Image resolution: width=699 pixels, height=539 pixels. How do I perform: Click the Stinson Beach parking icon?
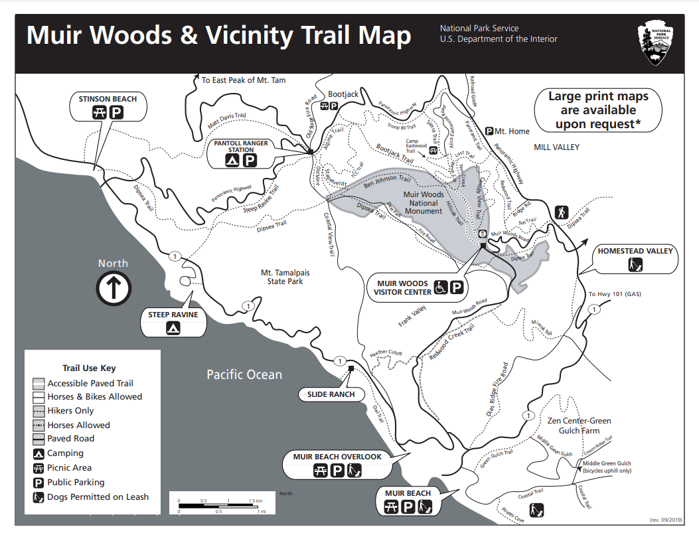click(116, 112)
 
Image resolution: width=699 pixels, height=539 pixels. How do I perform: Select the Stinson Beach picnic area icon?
click(99, 112)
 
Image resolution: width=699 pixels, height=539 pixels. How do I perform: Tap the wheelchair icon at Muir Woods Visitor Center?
click(441, 288)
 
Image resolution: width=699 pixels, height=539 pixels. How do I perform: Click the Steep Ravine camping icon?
click(173, 327)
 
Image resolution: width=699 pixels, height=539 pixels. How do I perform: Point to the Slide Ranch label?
click(331, 394)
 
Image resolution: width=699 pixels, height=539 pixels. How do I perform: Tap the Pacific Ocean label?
click(244, 375)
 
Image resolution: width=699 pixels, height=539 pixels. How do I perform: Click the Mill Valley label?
click(556, 147)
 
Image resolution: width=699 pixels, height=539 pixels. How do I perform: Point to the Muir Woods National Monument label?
click(424, 203)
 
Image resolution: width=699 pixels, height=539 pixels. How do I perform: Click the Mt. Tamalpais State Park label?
click(285, 277)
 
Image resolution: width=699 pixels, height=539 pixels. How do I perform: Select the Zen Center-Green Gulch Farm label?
click(579, 425)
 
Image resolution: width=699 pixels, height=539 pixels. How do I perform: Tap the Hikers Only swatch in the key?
click(39, 411)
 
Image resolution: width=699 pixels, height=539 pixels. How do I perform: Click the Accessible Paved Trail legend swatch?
click(39, 383)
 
